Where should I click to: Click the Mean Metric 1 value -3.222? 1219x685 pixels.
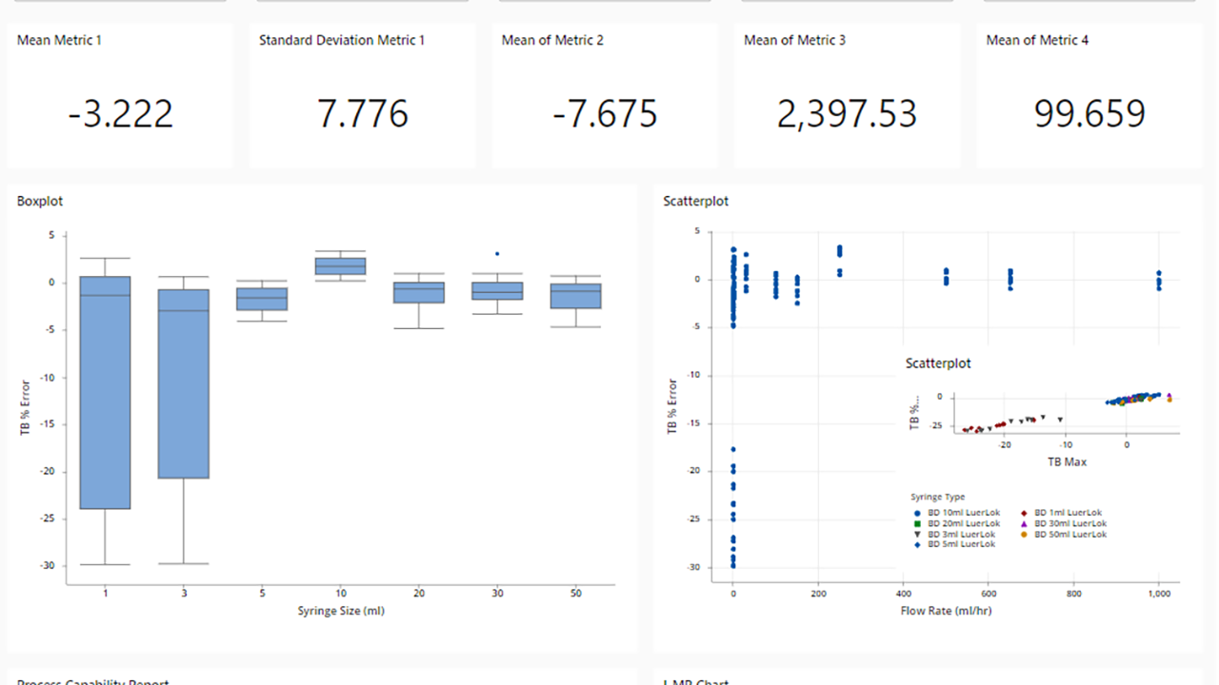tap(120, 114)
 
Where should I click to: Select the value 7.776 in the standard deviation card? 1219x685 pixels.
tap(363, 114)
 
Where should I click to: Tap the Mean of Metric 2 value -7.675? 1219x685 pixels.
tap(605, 114)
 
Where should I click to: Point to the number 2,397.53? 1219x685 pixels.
tap(847, 114)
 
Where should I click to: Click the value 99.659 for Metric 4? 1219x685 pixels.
tap(1089, 114)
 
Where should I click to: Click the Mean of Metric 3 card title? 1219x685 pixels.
tap(794, 40)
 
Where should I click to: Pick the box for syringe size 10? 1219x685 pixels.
tap(340, 266)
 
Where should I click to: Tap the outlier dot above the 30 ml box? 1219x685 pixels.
tap(497, 254)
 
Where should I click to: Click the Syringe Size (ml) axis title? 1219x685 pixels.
tap(341, 611)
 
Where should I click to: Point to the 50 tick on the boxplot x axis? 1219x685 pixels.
tap(575, 594)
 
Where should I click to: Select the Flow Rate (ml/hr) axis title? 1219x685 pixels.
tap(946, 611)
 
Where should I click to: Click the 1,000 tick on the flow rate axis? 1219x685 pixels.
tap(1158, 594)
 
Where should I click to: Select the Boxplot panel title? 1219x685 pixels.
tap(40, 202)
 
